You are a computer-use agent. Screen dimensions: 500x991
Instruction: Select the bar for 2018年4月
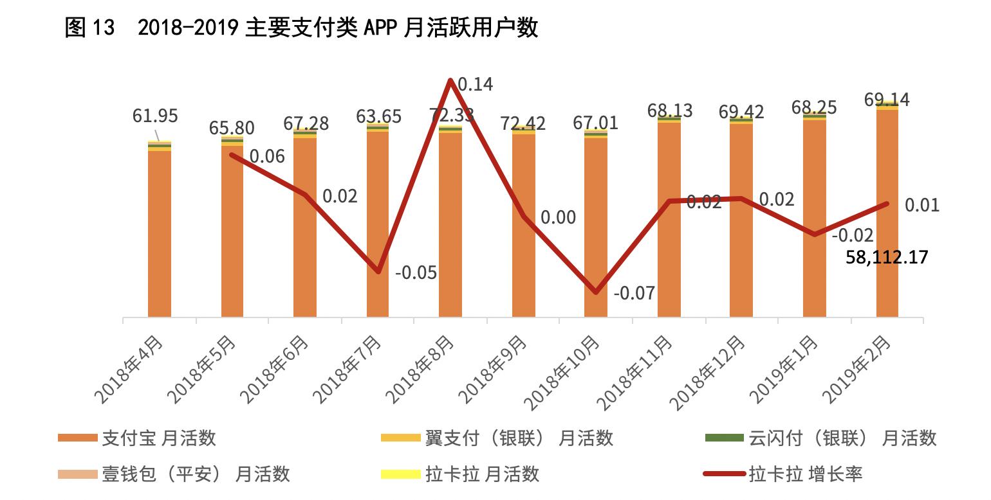click(x=160, y=231)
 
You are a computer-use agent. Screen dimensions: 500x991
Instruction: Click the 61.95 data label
click(x=155, y=116)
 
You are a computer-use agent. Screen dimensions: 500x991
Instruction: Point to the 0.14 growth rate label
click(x=475, y=84)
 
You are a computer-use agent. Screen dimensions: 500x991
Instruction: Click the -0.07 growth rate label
click(x=634, y=294)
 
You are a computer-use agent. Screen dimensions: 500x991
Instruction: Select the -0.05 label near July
click(x=416, y=273)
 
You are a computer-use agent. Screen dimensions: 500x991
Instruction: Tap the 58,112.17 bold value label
click(x=887, y=258)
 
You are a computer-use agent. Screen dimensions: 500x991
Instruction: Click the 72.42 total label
click(x=523, y=123)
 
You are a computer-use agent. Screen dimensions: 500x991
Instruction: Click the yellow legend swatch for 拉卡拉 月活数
click(x=400, y=474)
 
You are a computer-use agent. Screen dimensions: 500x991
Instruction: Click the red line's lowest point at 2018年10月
click(x=596, y=292)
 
